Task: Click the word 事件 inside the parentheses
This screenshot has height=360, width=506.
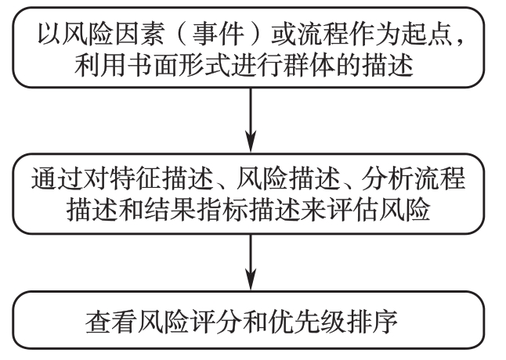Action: (x=218, y=34)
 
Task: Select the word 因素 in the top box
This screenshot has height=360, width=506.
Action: (x=139, y=34)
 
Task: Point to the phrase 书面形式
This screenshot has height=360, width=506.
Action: (x=179, y=66)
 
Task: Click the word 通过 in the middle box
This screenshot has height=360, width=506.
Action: (x=56, y=178)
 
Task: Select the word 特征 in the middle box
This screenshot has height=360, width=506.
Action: (x=135, y=178)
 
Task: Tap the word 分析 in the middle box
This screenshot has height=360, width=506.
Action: (x=387, y=178)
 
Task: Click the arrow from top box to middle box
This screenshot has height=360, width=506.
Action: (x=251, y=120)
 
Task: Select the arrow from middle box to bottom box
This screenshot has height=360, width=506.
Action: (x=251, y=262)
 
